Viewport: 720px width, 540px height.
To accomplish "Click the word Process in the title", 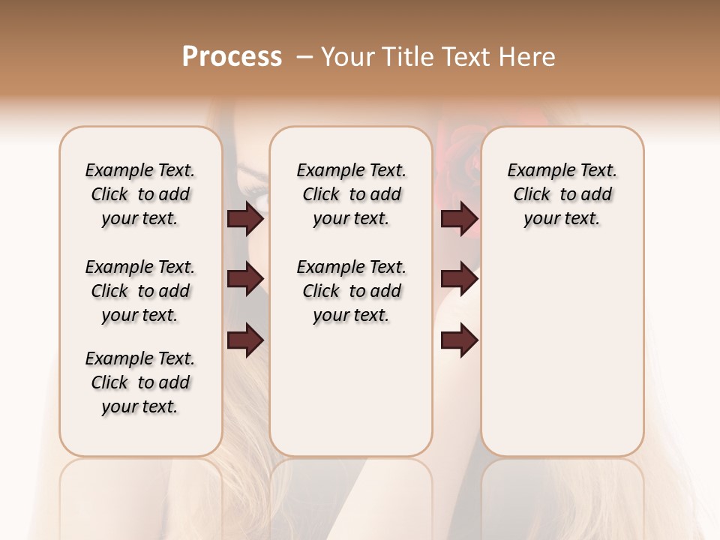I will (x=232, y=57).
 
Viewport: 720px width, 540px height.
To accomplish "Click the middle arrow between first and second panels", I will (x=245, y=279).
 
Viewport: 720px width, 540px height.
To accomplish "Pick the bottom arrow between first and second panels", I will (x=245, y=340).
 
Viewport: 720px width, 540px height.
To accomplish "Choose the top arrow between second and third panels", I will (x=459, y=219).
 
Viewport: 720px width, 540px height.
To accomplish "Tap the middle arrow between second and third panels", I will (x=459, y=279).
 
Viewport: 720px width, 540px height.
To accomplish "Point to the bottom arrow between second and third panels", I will (x=459, y=341).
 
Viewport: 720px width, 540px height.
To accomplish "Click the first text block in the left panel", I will (x=140, y=194).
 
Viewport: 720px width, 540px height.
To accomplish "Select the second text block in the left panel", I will (x=140, y=291).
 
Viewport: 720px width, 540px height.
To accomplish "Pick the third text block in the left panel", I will (x=140, y=382).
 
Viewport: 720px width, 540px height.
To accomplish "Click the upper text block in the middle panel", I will (x=351, y=194).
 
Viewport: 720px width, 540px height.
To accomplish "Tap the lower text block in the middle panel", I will (x=351, y=291).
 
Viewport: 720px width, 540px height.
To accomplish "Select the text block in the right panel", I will (x=562, y=194).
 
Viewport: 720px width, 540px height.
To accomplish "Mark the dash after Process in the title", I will (x=304, y=57).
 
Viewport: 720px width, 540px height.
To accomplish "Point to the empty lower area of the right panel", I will (x=562, y=352).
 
